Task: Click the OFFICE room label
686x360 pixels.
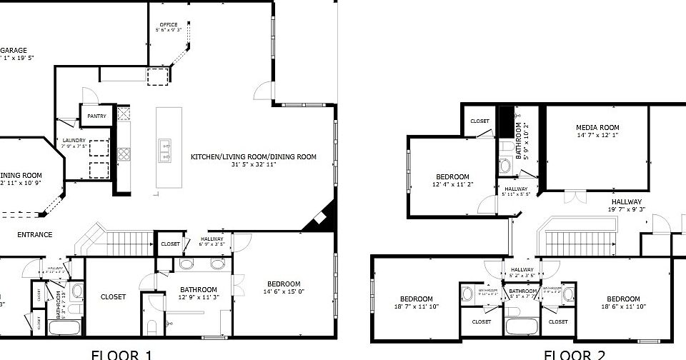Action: click(x=169, y=25)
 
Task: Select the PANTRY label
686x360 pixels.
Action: click(x=96, y=116)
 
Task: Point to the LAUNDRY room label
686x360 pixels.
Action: click(x=74, y=141)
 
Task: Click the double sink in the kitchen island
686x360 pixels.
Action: click(x=165, y=151)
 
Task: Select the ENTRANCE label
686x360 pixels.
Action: click(x=34, y=234)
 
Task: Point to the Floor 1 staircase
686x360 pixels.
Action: click(x=114, y=239)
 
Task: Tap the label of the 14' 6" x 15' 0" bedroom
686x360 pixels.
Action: click(x=284, y=284)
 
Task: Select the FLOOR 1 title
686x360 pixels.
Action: click(x=121, y=354)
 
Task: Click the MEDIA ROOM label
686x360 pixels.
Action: click(x=597, y=128)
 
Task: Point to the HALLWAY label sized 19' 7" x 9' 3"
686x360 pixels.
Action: click(x=625, y=201)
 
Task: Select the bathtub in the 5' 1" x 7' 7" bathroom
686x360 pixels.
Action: click(x=523, y=326)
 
